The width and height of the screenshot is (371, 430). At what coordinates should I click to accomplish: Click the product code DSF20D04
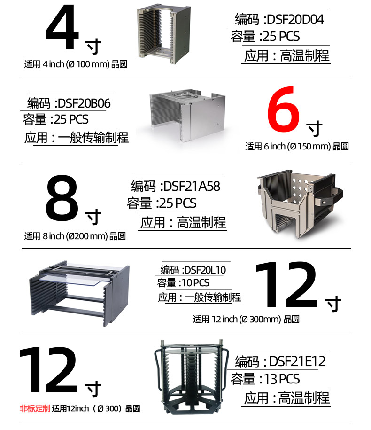295,19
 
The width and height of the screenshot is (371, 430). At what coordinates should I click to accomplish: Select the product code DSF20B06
84,103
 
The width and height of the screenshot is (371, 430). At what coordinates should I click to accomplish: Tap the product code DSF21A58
192,187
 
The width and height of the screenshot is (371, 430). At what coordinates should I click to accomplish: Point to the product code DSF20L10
205,270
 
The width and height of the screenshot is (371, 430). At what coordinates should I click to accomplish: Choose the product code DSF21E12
297,361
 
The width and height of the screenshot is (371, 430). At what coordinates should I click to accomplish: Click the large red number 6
284,109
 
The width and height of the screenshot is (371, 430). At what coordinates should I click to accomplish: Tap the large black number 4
62,27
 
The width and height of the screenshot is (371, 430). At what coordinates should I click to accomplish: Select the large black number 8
62,198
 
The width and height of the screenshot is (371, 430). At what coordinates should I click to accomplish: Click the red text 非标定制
35,408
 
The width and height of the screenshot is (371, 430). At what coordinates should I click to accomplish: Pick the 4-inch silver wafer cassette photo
163,34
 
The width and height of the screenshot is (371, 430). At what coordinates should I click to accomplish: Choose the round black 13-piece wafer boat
192,377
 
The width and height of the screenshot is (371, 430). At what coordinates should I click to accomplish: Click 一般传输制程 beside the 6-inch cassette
93,138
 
